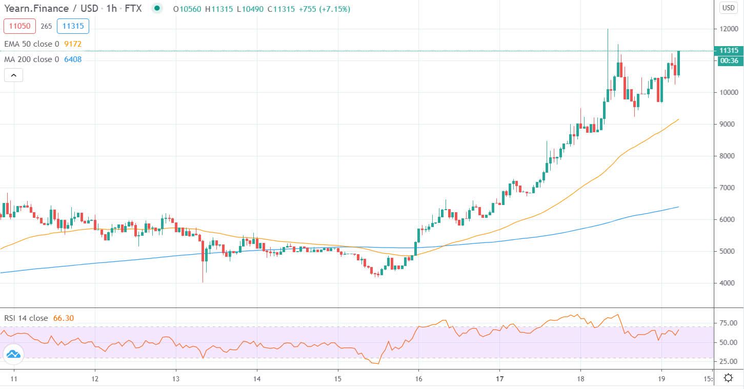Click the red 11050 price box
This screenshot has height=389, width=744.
19,26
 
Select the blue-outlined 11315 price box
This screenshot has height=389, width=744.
73,26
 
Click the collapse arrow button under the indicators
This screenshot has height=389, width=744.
13,76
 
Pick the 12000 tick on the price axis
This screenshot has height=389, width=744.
729,29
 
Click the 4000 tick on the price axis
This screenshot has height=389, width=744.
729,283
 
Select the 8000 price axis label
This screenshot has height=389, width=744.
729,156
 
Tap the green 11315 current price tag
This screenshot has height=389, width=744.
729,50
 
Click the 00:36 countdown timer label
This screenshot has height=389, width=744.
729,60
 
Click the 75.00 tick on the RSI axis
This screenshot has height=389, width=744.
729,323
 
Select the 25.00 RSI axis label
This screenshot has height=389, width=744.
729,361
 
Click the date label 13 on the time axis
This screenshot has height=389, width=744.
176,379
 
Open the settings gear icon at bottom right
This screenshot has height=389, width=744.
728,378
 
